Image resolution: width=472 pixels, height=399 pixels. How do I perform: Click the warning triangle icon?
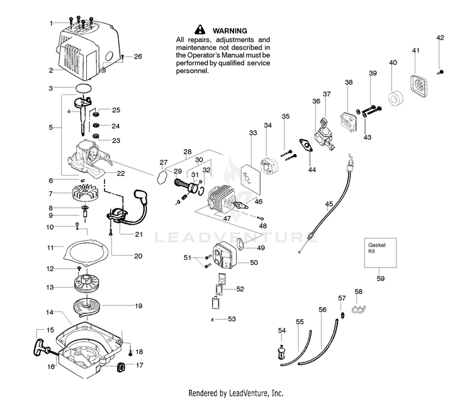[x=200, y=30]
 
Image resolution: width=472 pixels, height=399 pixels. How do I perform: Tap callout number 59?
[x=381, y=278]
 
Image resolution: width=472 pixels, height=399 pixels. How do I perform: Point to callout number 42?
[x=440, y=38]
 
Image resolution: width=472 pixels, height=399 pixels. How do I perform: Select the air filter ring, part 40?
[x=396, y=99]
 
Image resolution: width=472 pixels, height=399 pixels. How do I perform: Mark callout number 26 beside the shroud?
[x=138, y=57]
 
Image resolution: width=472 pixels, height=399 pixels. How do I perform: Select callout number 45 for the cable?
[x=329, y=203]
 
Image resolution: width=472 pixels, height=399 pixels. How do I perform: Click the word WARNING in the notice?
[x=230, y=30]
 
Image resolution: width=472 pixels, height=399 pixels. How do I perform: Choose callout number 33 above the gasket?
[x=253, y=133]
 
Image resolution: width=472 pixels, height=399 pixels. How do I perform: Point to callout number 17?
[x=140, y=365]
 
